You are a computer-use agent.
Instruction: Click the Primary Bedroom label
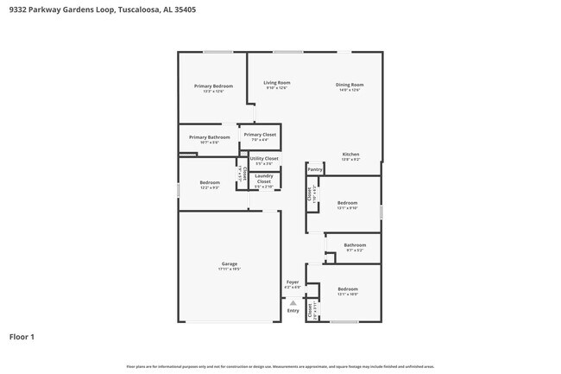pyautogui.click(x=212, y=86)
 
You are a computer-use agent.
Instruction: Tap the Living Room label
pyautogui.click(x=277, y=83)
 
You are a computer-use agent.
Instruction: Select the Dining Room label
pyautogui.click(x=350, y=85)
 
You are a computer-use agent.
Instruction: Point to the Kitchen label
pyautogui.click(x=350, y=155)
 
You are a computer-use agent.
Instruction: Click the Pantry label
pyautogui.click(x=315, y=170)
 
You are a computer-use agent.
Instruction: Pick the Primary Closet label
pyautogui.click(x=260, y=135)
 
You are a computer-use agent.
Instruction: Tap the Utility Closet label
pyautogui.click(x=264, y=159)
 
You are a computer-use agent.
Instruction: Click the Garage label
pyautogui.click(x=229, y=263)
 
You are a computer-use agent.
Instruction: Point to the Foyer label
pyautogui.click(x=293, y=282)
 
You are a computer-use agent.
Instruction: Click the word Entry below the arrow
pyautogui.click(x=293, y=311)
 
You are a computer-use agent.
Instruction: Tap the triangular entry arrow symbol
pyautogui.click(x=293, y=303)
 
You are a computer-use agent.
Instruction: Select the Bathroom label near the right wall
pyautogui.click(x=355, y=245)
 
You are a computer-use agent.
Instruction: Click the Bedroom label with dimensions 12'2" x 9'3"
pyautogui.click(x=210, y=182)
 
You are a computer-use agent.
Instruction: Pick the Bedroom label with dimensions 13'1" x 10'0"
pyautogui.click(x=347, y=288)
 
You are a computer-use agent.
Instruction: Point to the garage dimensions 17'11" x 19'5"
pyautogui.click(x=229, y=269)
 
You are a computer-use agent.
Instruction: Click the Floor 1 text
pyautogui.click(x=22, y=336)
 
